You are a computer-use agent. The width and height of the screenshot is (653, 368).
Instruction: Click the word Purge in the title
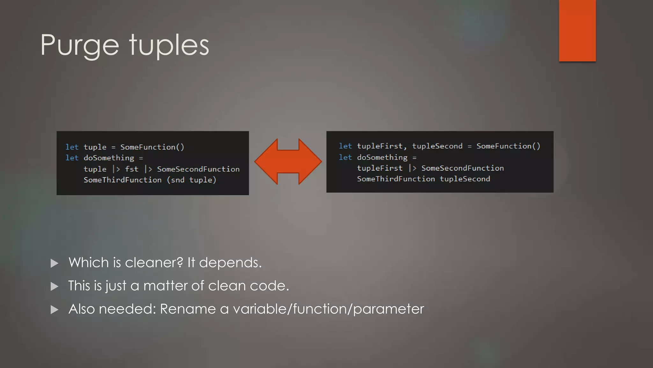click(x=80, y=45)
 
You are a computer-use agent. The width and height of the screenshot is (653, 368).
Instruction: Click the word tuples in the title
click(x=169, y=45)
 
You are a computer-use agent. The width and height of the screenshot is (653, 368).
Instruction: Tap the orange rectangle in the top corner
click(x=577, y=31)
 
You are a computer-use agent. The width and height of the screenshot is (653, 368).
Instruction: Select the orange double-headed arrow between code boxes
click(x=288, y=161)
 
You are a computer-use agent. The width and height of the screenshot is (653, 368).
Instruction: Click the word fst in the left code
click(x=131, y=169)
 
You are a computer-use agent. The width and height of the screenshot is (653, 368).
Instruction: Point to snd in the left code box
click(x=178, y=180)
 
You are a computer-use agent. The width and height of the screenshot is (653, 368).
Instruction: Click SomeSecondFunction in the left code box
click(x=198, y=169)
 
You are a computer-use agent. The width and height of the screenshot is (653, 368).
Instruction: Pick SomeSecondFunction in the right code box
click(x=462, y=168)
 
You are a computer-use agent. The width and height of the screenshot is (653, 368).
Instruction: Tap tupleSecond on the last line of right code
click(x=465, y=179)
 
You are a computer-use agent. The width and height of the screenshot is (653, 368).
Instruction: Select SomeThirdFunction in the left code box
click(x=122, y=180)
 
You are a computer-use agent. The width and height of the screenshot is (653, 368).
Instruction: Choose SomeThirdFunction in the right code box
click(x=396, y=179)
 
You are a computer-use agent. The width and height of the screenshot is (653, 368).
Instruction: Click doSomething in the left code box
click(x=109, y=158)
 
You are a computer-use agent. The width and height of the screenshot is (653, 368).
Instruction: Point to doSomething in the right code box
click(x=382, y=157)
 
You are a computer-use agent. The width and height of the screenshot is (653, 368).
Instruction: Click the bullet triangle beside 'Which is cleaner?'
click(x=55, y=263)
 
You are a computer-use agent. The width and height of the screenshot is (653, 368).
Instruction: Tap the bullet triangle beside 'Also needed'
click(x=55, y=310)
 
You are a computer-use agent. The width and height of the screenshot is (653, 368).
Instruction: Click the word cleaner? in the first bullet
click(x=154, y=263)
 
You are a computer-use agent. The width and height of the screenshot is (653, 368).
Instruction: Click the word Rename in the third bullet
click(x=188, y=309)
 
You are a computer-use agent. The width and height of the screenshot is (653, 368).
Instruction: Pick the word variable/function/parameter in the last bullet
click(x=328, y=309)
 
